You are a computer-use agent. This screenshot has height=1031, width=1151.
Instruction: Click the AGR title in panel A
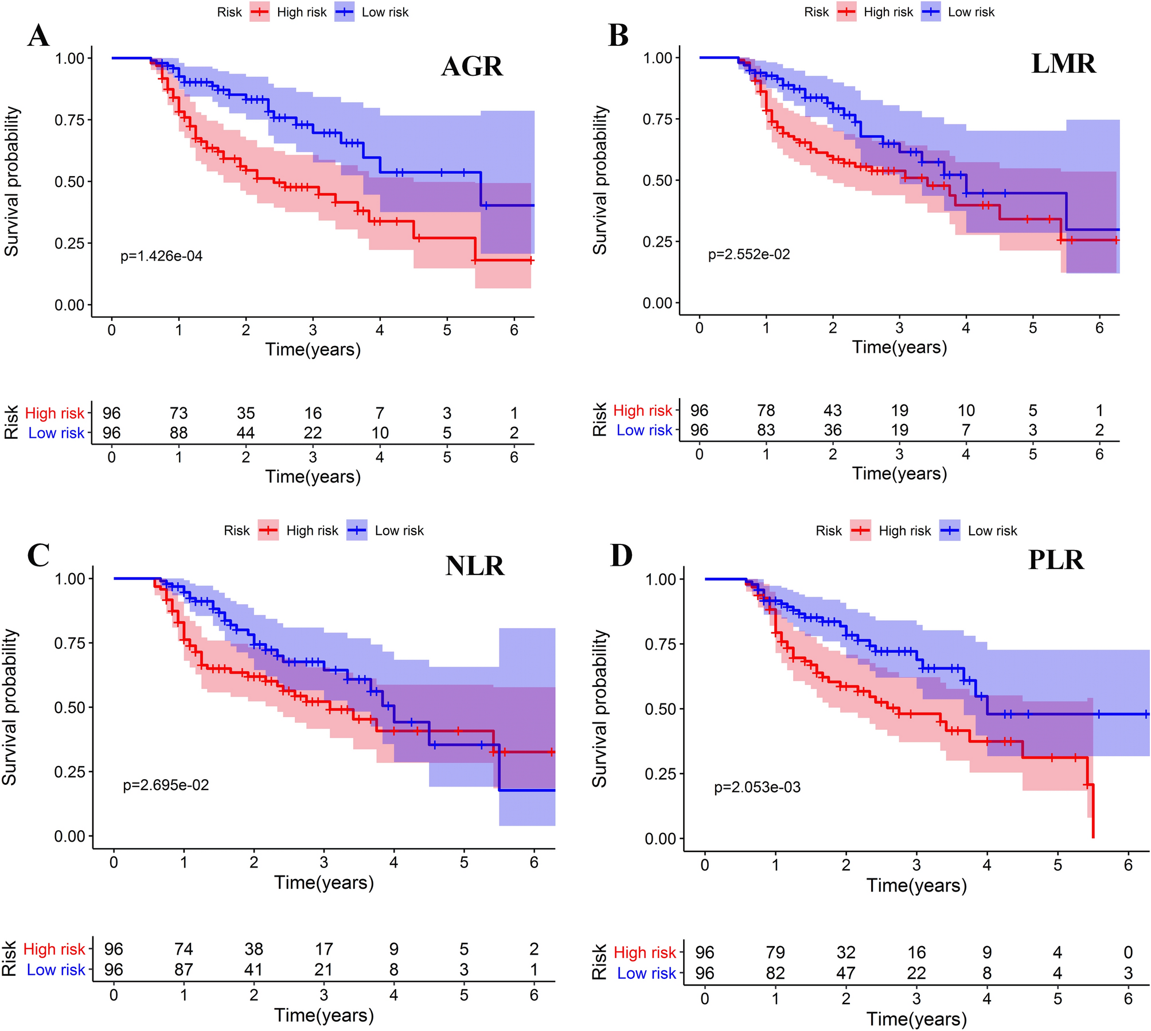tap(472, 67)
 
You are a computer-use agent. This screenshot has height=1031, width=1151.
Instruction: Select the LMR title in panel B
tap(1063, 64)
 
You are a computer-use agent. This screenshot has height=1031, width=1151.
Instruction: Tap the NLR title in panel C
tap(475, 566)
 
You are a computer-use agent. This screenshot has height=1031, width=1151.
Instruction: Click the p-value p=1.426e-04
tap(161, 256)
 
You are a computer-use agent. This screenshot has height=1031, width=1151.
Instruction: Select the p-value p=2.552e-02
tap(749, 254)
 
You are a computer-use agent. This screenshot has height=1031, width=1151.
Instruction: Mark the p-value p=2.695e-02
tap(166, 785)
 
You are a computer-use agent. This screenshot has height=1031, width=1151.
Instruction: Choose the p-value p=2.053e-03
tap(757, 787)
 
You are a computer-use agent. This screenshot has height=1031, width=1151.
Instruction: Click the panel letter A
tap(38, 36)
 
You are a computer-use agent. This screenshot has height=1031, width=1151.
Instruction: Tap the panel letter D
tap(621, 555)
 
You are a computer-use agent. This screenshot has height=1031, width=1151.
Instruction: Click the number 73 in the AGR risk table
tap(178, 413)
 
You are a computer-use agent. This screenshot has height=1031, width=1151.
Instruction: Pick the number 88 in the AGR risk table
tap(178, 433)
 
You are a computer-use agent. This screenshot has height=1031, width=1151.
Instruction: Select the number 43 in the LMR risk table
tap(832, 410)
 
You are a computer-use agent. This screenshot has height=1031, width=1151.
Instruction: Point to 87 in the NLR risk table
tap(184, 970)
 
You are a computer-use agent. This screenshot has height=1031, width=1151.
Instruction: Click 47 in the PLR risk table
tap(846, 973)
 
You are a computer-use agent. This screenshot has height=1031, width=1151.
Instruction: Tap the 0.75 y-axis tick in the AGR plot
tap(69, 120)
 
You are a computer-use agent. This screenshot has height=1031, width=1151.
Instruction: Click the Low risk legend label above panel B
tap(971, 12)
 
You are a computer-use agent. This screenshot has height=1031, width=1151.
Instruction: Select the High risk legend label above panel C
tap(312, 531)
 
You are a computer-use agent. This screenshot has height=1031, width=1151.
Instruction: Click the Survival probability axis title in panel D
tap(599, 709)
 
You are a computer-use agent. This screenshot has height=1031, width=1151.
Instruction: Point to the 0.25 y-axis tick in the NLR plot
tap(69, 772)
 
